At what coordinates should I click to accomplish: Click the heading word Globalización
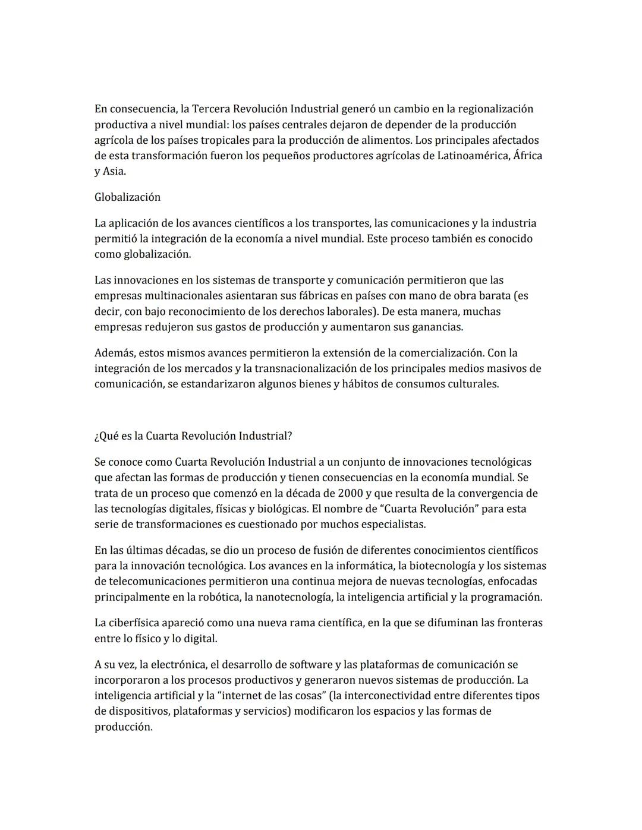tap(127, 197)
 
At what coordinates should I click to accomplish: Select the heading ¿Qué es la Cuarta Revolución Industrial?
tap(193, 436)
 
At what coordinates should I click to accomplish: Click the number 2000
tap(351, 494)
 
